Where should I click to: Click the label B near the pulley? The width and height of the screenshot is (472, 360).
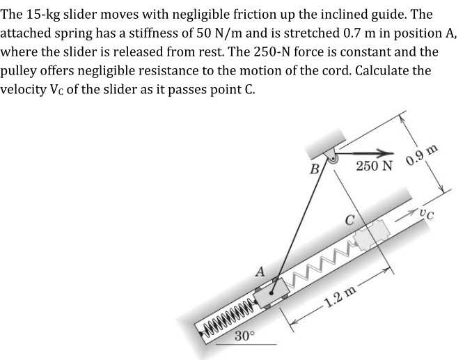click(314, 169)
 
